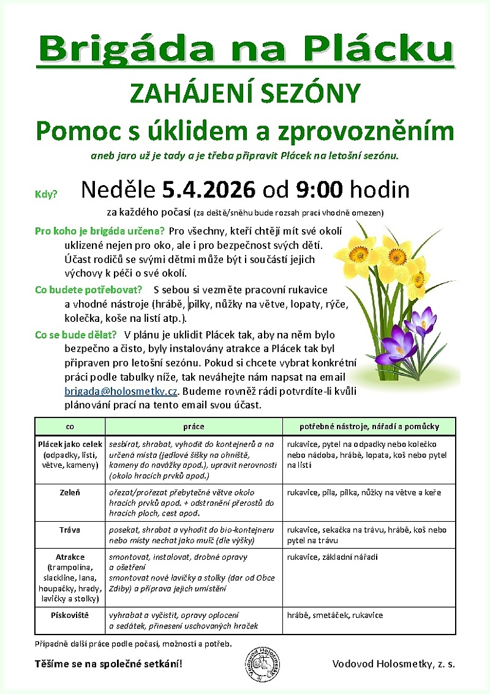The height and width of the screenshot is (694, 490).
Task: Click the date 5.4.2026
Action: pos(209,190)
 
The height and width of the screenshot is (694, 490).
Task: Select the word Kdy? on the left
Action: pos(46,194)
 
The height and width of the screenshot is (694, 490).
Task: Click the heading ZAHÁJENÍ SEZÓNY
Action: pos(244,94)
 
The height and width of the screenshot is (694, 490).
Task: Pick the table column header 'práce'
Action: pos(194,426)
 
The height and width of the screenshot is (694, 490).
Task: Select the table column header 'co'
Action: pos(70,426)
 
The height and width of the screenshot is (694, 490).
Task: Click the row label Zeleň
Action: pos(70,492)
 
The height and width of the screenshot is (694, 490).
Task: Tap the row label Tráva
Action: pos(70,530)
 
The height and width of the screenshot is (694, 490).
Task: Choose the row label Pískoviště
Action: pos(70,615)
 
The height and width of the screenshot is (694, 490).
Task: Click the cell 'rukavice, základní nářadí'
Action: pos(333,557)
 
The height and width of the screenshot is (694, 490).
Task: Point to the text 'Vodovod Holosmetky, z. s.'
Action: pos(393,663)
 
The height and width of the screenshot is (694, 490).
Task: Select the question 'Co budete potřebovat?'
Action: pos(89,289)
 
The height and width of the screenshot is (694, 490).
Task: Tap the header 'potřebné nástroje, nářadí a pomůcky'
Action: pos(369,426)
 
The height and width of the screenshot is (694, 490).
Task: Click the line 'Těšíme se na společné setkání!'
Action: pos(108,663)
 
